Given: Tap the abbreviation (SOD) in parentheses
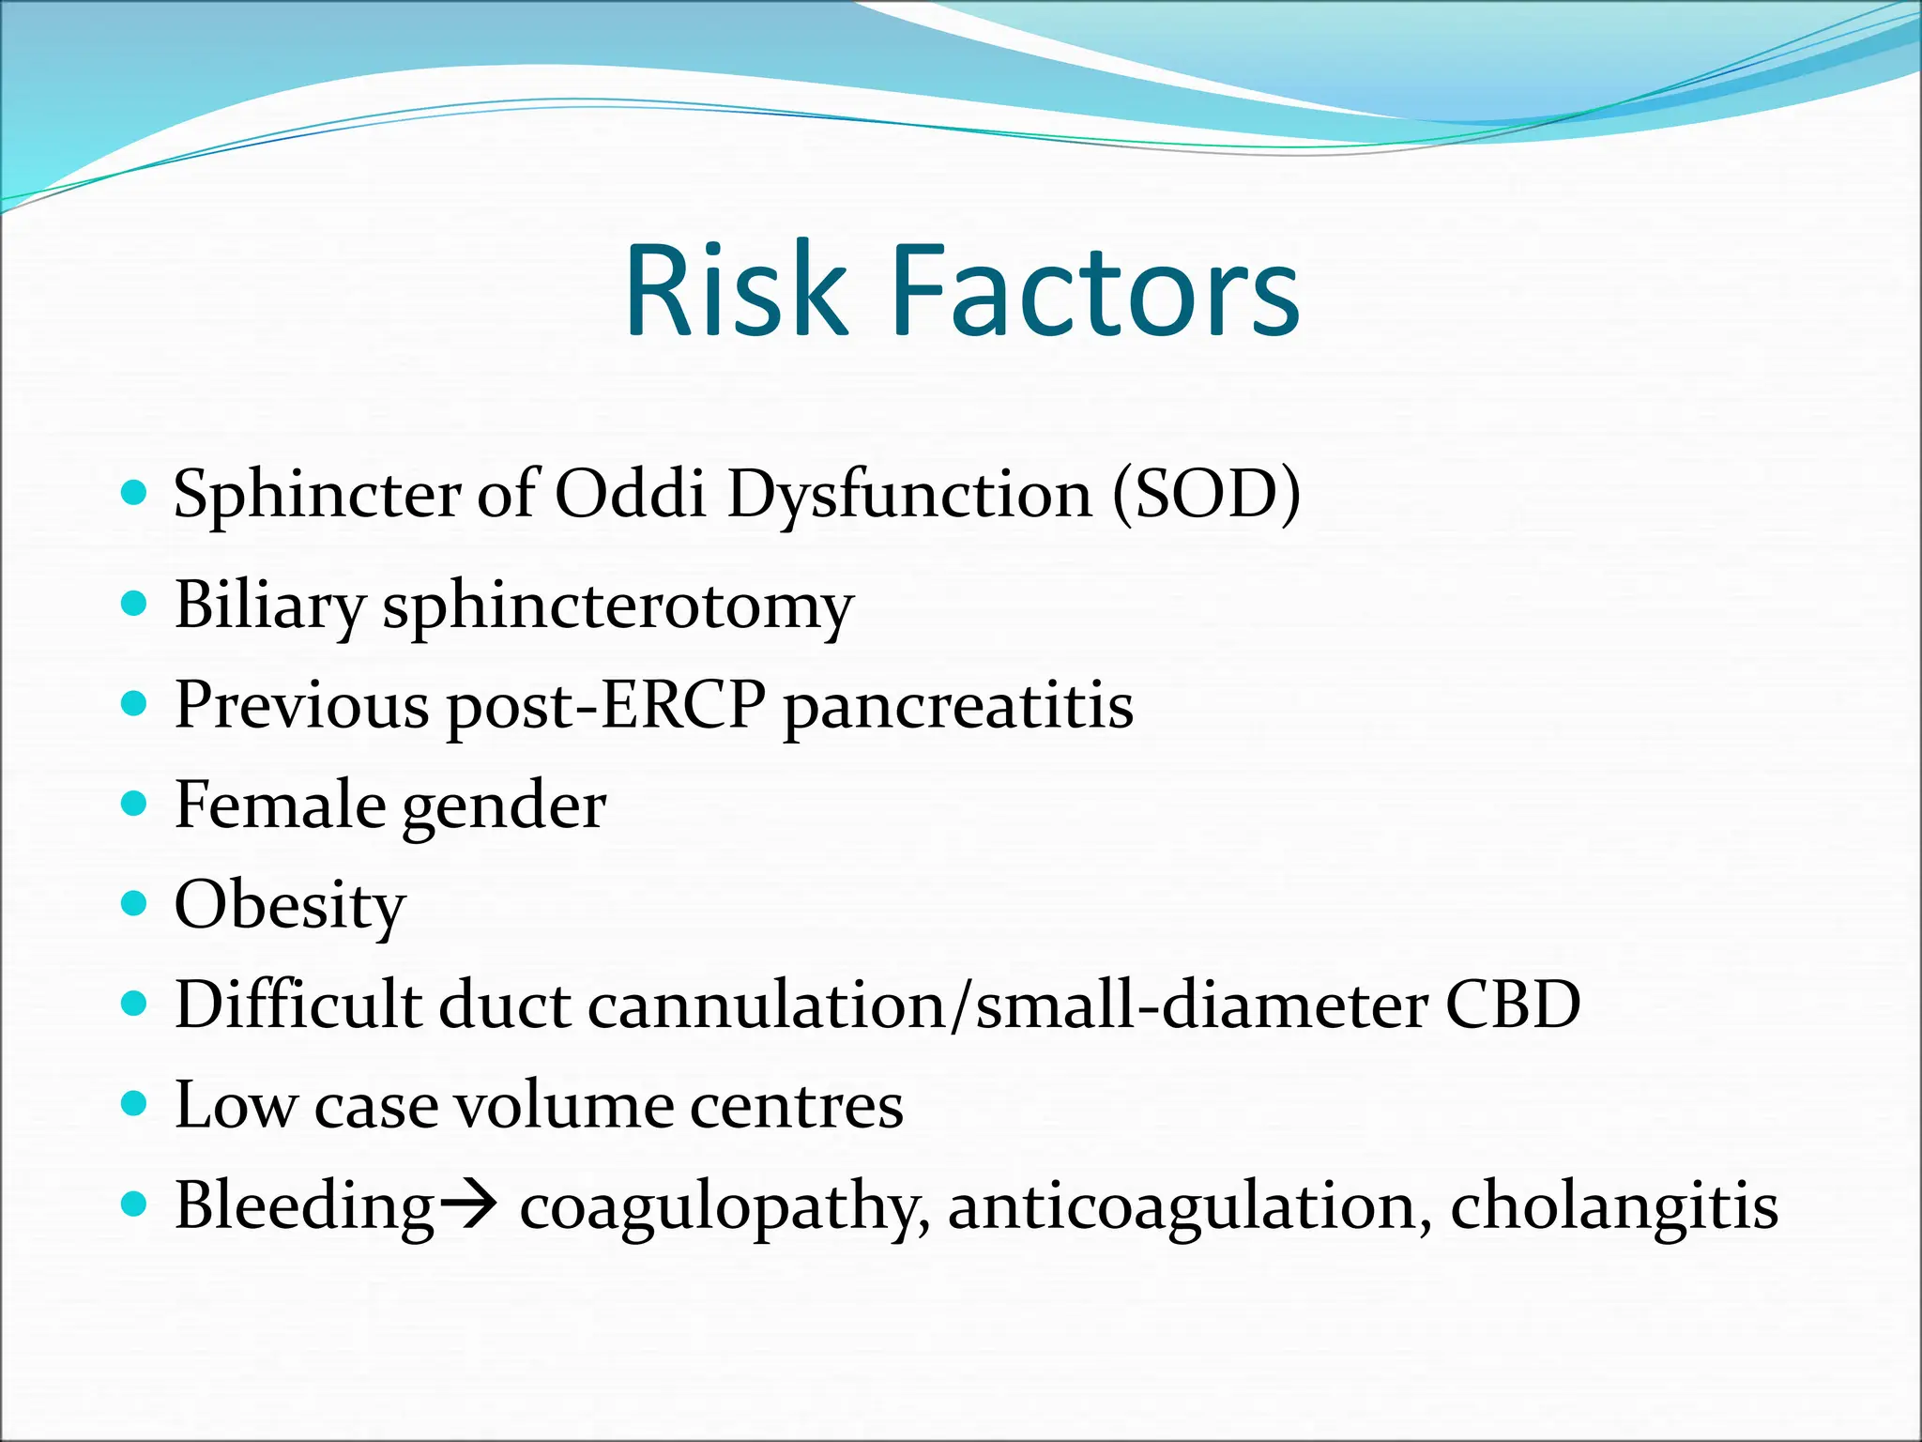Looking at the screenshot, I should point(1206,494).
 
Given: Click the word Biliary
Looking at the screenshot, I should point(269,606).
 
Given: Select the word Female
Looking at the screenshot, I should point(280,805).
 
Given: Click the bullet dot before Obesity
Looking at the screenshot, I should point(135,903).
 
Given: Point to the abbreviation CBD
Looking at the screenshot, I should point(1513,1005).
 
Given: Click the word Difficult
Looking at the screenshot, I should point(298,1005).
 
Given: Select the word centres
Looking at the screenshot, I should point(797,1106).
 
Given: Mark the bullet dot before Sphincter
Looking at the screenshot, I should point(135,492).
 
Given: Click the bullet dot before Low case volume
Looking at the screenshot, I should point(135,1102).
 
